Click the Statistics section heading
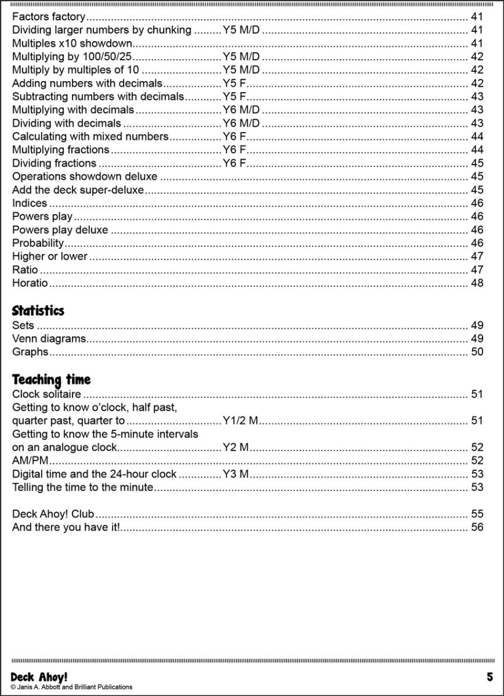tap(38, 310)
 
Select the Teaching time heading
tap(51, 379)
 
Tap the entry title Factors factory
tap(49, 17)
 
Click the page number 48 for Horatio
tap(477, 283)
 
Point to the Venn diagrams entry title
tap(49, 339)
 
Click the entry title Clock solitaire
tap(47, 394)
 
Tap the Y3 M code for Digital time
tap(235, 474)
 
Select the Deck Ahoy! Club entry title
tap(53, 514)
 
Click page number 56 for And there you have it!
tap(477, 528)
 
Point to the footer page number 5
tap(490, 677)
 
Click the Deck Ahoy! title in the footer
tap(39, 676)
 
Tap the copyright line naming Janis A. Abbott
tap(71, 687)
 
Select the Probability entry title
tap(38, 243)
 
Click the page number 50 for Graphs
tap(477, 352)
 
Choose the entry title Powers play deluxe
tap(60, 230)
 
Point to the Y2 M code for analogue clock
tap(235, 448)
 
